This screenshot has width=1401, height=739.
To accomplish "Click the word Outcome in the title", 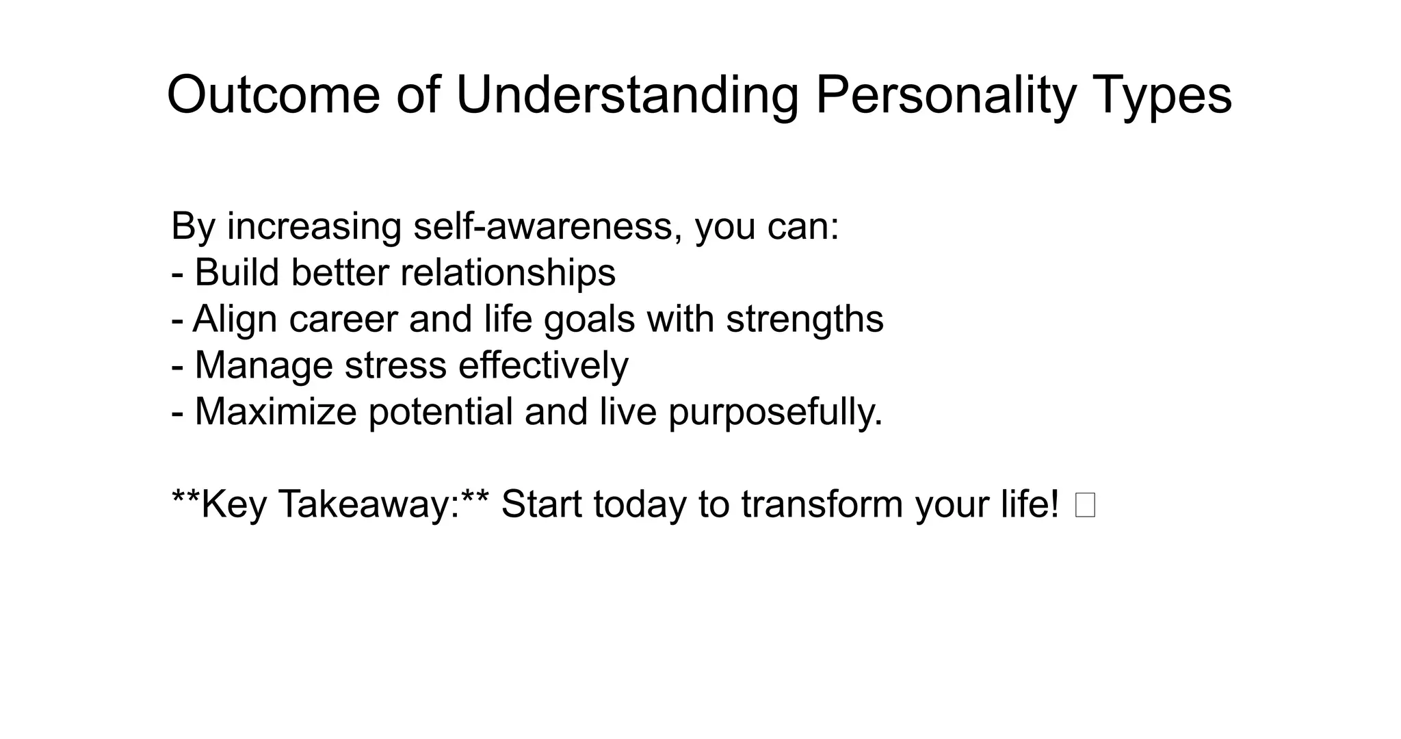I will pyautogui.click(x=273, y=94).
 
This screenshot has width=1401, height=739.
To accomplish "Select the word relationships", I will pyautogui.click(x=508, y=272).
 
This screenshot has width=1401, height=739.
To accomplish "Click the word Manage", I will pyautogui.click(x=263, y=365).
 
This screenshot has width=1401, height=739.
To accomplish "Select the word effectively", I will pyautogui.click(x=542, y=365).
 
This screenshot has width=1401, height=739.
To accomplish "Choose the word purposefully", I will pyautogui.click(x=774, y=412).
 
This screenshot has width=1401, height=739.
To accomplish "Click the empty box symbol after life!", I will pyautogui.click(x=1085, y=506).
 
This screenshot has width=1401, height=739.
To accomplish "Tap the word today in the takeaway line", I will pyautogui.click(x=640, y=504).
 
